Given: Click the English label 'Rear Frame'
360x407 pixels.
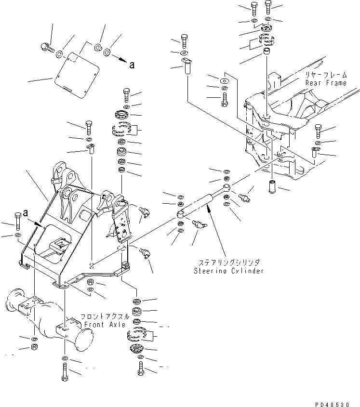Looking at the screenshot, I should click(x=326, y=83).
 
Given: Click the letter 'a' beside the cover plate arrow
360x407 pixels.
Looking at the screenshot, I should click(x=131, y=66).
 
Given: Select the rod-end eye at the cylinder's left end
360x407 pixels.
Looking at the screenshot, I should click(x=180, y=213).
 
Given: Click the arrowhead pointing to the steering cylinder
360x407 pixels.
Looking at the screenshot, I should click(x=208, y=206).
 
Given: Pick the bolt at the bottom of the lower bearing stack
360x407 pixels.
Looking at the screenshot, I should click(x=141, y=370).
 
